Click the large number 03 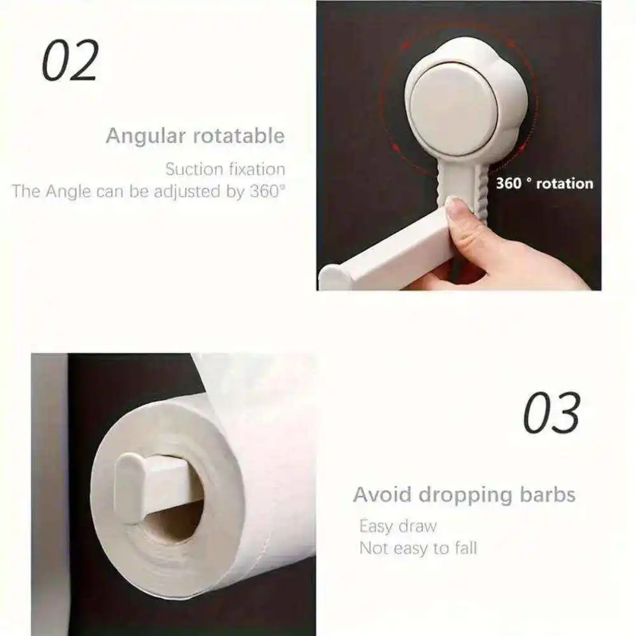coord(551,413)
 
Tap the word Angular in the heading coord(146,137)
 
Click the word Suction coord(194,169)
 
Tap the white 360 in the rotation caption coord(509,183)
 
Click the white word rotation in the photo coord(565,184)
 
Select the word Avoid coord(382,494)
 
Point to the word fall coord(466,548)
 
